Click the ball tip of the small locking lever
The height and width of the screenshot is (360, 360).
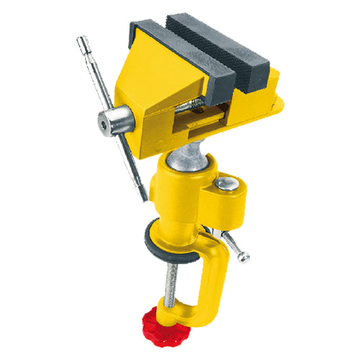(245, 257)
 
